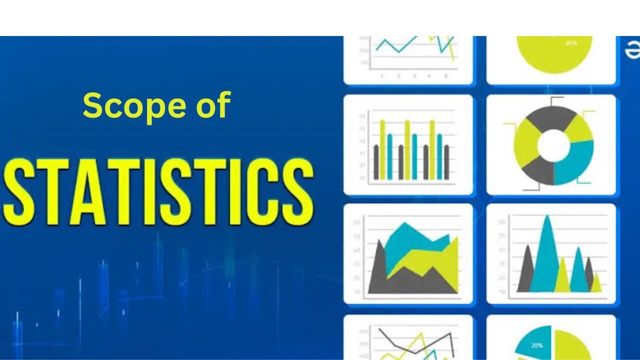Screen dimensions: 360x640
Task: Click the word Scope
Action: [133, 105]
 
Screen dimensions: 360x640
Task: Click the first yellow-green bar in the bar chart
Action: [383, 150]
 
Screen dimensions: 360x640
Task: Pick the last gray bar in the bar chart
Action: [446, 162]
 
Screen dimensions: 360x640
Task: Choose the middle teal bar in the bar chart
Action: [414, 156]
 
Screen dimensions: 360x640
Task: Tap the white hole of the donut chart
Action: [553, 145]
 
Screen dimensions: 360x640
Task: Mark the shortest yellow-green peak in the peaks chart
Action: [596, 284]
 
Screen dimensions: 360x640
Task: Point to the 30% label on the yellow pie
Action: [571, 43]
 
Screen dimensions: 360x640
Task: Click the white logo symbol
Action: [633, 51]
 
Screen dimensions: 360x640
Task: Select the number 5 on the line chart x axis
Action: [446, 76]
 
